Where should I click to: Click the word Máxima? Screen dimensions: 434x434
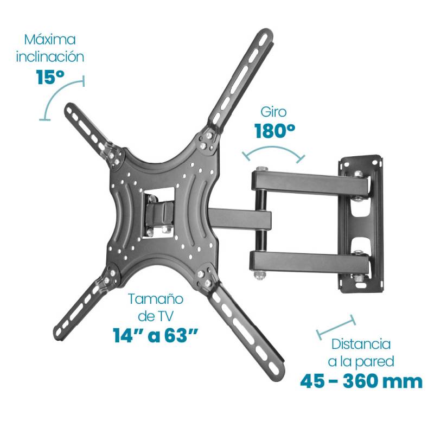50,40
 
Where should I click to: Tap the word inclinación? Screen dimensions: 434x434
50,57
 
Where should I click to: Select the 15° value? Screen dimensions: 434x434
50,77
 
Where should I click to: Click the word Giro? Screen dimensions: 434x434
273,112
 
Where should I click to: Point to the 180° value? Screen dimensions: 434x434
275,131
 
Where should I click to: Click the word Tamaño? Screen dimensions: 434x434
156,299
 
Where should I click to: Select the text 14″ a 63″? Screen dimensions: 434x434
155,335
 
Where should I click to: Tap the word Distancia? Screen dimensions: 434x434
361,344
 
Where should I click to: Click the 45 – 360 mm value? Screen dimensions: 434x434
361,381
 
